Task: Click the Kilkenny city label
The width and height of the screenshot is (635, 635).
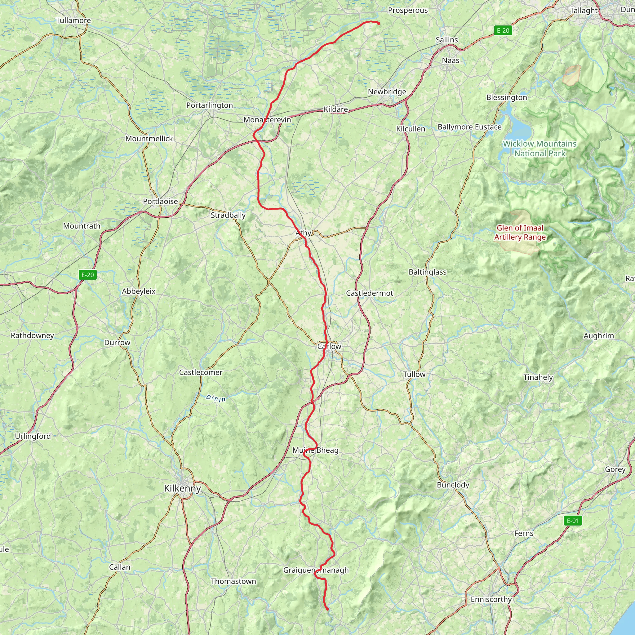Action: click(x=182, y=488)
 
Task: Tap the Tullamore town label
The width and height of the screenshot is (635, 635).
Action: click(x=73, y=20)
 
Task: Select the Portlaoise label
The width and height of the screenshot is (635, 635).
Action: click(x=160, y=202)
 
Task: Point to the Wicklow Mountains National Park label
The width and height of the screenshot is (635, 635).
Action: click(x=540, y=149)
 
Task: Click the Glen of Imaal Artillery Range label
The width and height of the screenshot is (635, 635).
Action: click(x=520, y=232)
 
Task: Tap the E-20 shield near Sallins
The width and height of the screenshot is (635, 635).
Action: click(x=503, y=31)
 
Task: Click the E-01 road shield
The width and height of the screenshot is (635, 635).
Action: click(x=573, y=521)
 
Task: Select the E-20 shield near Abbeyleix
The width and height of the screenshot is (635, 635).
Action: click(x=88, y=275)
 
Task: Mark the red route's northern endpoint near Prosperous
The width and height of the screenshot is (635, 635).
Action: click(x=379, y=23)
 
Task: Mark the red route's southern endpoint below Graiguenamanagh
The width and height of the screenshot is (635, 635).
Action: click(x=327, y=609)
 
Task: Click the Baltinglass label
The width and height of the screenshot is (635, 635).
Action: click(x=427, y=272)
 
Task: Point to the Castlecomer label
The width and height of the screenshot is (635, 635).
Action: click(x=201, y=372)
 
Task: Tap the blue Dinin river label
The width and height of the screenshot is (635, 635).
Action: click(x=215, y=398)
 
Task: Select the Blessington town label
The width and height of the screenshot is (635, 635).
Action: click(x=507, y=97)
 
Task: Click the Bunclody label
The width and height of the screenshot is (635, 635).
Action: click(x=453, y=485)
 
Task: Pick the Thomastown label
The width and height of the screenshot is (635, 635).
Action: click(x=233, y=581)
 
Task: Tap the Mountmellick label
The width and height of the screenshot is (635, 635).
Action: click(x=149, y=139)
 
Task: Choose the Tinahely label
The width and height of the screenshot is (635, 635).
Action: click(x=538, y=377)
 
